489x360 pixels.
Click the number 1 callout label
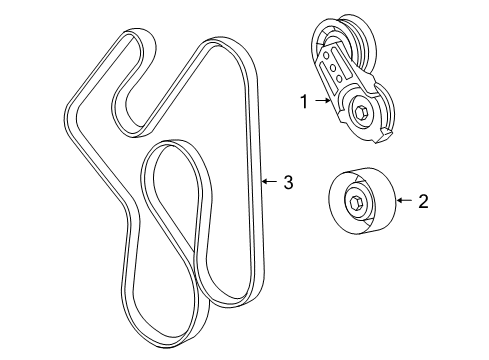click(302, 100)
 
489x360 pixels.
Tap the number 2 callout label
click(422, 202)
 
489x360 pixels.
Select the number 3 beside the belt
click(287, 182)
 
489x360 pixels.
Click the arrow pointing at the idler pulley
click(403, 202)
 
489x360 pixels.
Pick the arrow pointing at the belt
click(267, 182)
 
